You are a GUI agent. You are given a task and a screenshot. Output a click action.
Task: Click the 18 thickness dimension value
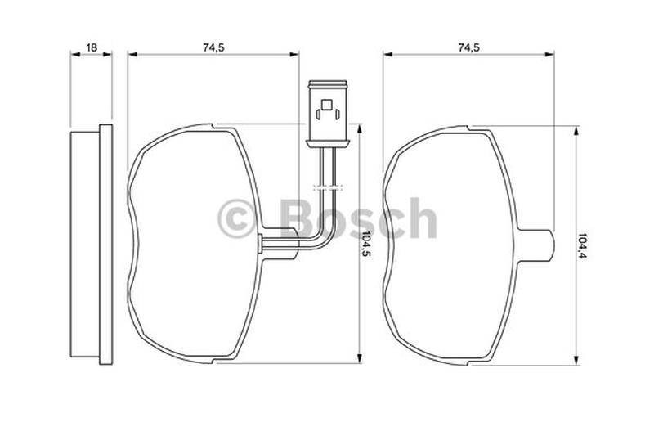click(x=92, y=47)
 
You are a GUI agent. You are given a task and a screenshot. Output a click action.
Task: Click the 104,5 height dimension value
click(x=365, y=244)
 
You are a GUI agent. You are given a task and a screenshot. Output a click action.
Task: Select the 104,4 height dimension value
click(x=581, y=245)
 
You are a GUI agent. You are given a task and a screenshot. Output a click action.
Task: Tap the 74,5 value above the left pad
click(x=213, y=47)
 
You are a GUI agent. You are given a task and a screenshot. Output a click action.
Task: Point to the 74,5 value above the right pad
click(x=468, y=47)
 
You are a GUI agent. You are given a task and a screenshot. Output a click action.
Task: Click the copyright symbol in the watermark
click(x=236, y=219)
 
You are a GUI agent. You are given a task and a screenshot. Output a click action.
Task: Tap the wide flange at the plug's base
click(x=328, y=144)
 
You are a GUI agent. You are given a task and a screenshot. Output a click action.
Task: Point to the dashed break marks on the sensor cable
click(x=328, y=187)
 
